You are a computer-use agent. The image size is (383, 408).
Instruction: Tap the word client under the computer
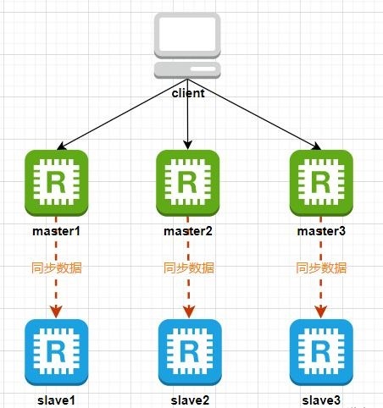coord(188,93)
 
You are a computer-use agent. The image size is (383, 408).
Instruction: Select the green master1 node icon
coord(57,183)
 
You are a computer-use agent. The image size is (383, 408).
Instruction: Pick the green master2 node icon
coord(188,183)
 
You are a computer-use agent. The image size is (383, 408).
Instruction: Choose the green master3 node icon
coord(321,183)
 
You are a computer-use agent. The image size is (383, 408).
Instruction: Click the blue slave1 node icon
coord(57,352)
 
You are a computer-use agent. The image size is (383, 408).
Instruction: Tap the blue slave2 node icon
coord(190,352)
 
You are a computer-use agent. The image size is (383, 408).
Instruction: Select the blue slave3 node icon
coord(321,352)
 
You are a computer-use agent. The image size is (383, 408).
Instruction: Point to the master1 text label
coord(57,231)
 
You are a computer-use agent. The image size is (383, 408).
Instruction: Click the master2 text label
coord(188,231)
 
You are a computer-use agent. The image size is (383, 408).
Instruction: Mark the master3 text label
coord(321,231)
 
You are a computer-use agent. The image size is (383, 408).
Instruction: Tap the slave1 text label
coord(57,400)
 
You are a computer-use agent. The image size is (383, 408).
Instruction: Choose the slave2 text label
coord(190,400)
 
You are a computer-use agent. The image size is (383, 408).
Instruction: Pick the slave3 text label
coord(321,400)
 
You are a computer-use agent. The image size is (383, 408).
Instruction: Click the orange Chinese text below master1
coord(57,267)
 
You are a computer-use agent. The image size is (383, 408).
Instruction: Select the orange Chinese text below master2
coord(189,267)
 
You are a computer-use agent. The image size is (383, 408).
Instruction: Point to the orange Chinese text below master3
coord(321,267)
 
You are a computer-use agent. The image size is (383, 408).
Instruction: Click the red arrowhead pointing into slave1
coord(56,312)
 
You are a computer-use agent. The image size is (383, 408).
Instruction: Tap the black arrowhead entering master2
coord(188,145)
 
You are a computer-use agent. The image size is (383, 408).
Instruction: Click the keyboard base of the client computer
coord(187,70)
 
